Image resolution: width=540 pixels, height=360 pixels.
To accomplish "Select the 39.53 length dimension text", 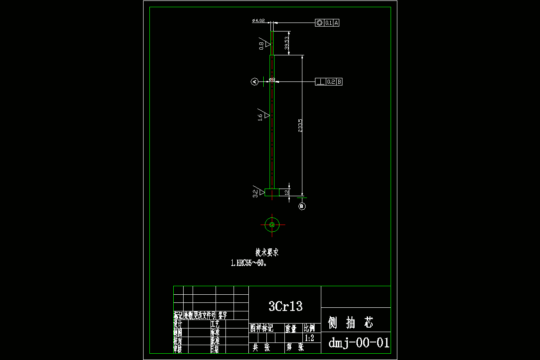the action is coord(287,43).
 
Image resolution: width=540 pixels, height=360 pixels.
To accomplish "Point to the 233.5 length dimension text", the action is coord(300,126).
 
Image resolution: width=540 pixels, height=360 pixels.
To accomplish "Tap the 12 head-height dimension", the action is coord(287,192).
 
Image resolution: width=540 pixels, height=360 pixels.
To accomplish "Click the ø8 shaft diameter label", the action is coord(272,79).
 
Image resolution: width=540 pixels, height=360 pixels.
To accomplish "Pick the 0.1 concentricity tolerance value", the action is coord(328,22).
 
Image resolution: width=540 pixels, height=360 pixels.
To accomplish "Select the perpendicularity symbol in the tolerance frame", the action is coord(320,81).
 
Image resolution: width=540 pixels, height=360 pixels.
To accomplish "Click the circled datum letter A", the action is coord(254,81).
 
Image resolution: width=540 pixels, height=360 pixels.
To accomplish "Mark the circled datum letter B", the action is coord(302,206).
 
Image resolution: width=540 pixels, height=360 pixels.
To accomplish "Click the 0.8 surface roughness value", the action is coord(261,45).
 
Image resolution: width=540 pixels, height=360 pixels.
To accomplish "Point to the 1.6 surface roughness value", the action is coord(260,117).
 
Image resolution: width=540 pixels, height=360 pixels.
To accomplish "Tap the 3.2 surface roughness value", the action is coord(256,193).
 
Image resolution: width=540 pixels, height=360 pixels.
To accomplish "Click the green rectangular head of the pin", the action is coord(272,193).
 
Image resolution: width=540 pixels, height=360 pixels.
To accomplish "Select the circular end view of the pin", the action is coord(272,224).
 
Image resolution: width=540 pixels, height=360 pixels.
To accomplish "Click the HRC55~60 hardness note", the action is coord(249,264).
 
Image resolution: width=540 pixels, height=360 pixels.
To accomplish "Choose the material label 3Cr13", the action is coord(285,307).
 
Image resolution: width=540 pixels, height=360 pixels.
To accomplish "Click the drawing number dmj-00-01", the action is coord(359,343).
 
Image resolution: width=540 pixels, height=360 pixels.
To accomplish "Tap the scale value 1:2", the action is coord(310,338).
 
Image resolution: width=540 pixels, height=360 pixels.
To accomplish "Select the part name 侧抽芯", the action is coord(351,322).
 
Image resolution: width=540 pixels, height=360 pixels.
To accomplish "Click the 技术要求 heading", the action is coord(267,252).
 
